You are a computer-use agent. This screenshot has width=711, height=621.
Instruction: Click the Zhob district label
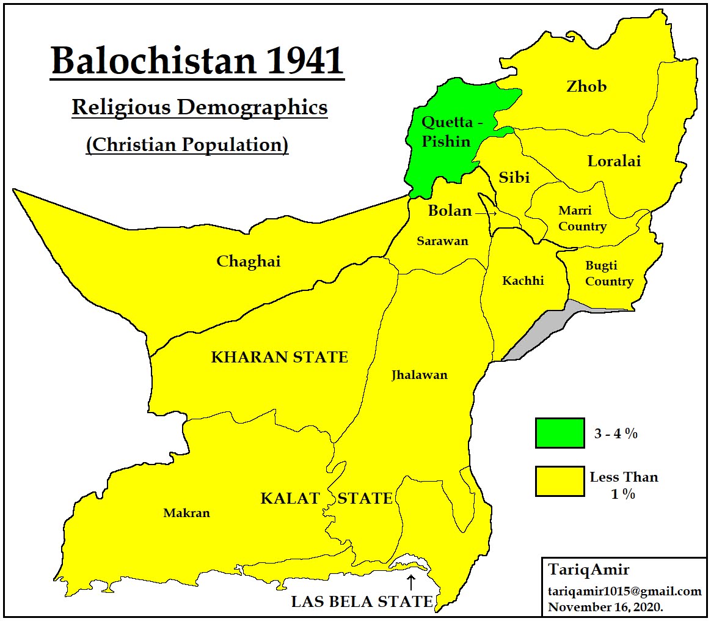coord(586,86)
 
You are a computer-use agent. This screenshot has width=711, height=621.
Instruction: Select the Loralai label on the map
coord(614,161)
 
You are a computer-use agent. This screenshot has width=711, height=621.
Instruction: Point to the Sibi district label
coord(514,177)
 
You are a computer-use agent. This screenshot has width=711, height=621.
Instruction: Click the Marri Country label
coord(582,219)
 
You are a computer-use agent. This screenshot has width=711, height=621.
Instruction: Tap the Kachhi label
coord(523,281)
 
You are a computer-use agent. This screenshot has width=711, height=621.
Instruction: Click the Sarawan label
coord(442,241)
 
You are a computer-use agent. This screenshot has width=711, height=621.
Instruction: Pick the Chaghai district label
coord(249,262)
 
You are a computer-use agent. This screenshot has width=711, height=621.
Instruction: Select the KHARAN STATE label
coord(279,358)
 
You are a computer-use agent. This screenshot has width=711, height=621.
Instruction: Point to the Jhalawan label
coord(419,375)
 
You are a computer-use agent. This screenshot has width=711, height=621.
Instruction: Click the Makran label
coord(186,513)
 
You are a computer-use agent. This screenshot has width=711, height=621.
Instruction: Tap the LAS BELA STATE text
coord(362,601)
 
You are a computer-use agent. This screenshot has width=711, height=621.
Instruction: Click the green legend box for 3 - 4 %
coord(559,433)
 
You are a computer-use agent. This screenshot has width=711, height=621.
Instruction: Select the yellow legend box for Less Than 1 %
coord(559,481)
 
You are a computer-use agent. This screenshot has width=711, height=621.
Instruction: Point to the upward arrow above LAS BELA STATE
coord(411,581)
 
